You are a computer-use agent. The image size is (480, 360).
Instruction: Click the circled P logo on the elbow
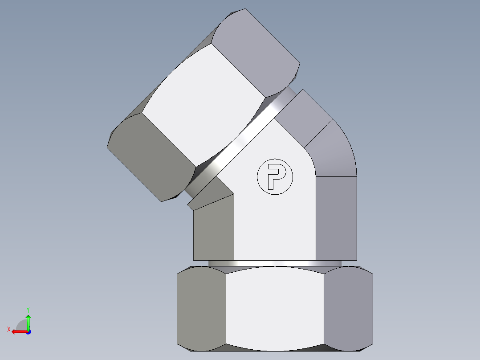click(275, 176)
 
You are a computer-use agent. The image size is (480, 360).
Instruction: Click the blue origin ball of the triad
click(28, 332)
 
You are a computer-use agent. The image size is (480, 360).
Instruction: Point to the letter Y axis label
click(28, 309)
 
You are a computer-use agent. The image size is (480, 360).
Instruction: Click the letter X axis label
click(8, 330)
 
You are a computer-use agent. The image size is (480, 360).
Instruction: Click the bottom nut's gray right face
click(348, 308)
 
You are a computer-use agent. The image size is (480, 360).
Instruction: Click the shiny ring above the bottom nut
click(275, 263)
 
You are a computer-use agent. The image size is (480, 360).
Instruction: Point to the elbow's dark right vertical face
click(336, 218)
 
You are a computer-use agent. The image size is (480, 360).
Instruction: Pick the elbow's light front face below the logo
click(275, 227)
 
